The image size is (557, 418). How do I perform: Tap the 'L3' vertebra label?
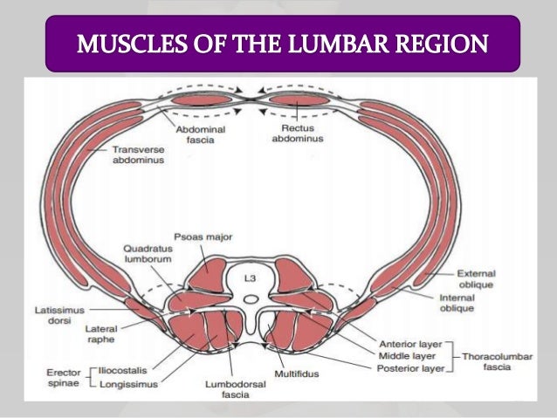click(x=250, y=279)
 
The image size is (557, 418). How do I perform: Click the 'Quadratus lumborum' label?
click(x=147, y=254)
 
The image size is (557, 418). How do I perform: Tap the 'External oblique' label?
click(x=478, y=278)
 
